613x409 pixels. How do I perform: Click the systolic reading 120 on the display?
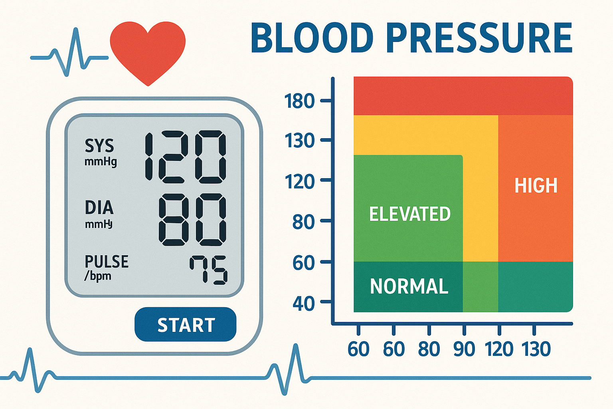tap(185, 157)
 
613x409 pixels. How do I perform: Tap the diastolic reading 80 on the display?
tap(192, 219)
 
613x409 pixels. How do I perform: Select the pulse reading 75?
tap(208, 270)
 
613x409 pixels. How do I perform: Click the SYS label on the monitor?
tap(99, 146)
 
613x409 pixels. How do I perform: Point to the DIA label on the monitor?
tap(99, 208)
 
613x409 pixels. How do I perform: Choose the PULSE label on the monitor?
tap(107, 262)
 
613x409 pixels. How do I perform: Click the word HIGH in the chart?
tap(536, 186)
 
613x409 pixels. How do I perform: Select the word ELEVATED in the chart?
tap(410, 214)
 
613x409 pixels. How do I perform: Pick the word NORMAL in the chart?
tap(409, 286)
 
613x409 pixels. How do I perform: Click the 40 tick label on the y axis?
tap(303, 304)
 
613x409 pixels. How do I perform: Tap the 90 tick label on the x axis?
tap(464, 349)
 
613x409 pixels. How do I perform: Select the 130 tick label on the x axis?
tap(536, 349)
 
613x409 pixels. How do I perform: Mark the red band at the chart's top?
tap(463, 96)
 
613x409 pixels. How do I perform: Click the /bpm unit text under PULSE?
tap(98, 276)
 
